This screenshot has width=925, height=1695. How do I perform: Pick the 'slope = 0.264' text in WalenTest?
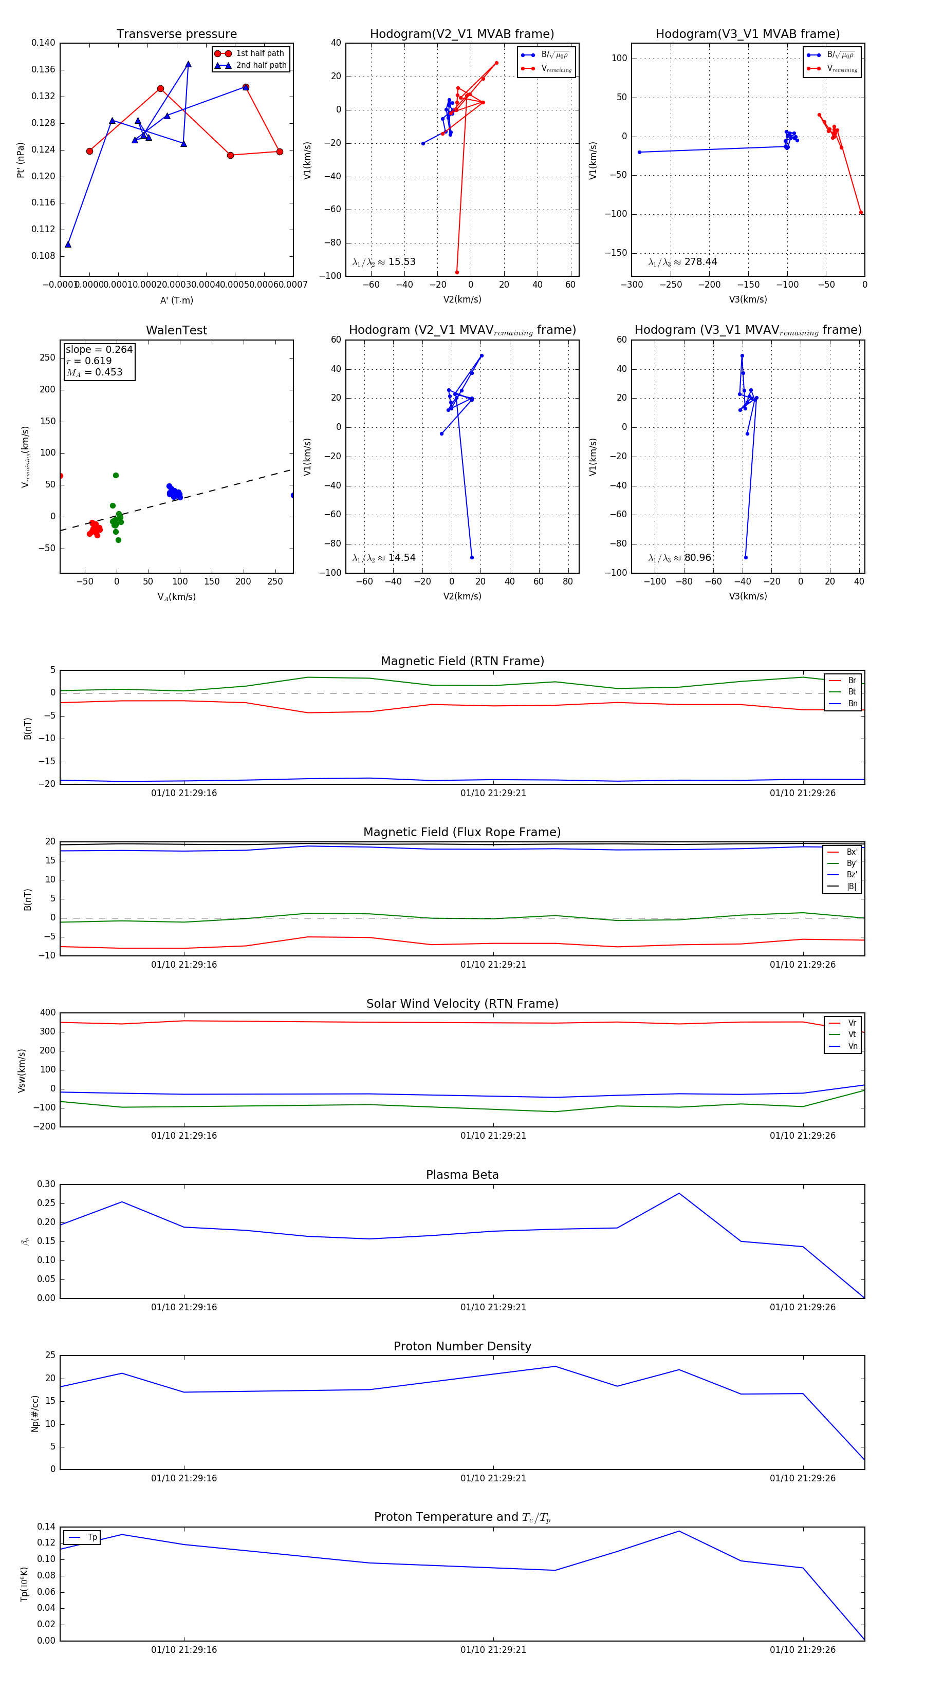coord(99,349)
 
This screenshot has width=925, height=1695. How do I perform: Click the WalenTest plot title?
coord(176,330)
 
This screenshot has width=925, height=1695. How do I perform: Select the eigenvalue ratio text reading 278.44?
coord(683,262)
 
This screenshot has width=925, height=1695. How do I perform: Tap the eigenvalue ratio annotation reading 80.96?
coord(680,558)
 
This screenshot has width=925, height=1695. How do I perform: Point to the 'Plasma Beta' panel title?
coord(462,1175)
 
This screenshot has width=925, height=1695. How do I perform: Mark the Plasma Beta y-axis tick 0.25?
coord(47,1203)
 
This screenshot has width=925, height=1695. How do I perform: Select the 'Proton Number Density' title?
coord(462,1346)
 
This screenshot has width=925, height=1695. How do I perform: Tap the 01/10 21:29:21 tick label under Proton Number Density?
coord(493,1478)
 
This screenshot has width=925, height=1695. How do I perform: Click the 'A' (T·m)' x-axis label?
coord(176,300)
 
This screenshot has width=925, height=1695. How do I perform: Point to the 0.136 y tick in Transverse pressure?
coord(44,70)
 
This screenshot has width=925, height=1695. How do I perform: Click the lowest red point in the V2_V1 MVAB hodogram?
coord(457,272)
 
